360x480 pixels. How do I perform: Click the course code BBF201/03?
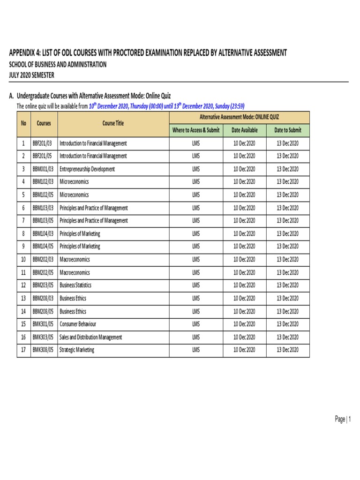(x=43, y=143)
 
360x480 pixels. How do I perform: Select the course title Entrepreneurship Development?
(x=87, y=169)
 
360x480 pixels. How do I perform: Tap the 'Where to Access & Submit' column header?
(x=196, y=130)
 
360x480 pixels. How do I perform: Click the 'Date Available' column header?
(x=244, y=130)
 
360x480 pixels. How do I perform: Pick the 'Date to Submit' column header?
(x=288, y=130)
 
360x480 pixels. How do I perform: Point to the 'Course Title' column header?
(x=113, y=123)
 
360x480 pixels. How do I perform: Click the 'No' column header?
(x=23, y=123)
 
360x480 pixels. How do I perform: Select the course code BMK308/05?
(x=43, y=350)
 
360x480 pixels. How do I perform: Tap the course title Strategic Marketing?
(x=77, y=350)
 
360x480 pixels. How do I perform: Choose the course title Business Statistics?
(x=75, y=285)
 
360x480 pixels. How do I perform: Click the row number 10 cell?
(x=23, y=259)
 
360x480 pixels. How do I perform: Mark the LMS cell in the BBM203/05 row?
(x=196, y=285)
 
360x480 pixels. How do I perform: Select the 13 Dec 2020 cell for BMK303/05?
(x=287, y=337)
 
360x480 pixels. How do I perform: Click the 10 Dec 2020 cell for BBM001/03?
(x=244, y=169)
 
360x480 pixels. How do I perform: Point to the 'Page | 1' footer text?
(x=343, y=420)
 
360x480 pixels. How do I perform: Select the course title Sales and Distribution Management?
(x=91, y=337)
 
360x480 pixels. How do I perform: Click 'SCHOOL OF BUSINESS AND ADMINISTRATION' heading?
(x=58, y=65)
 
